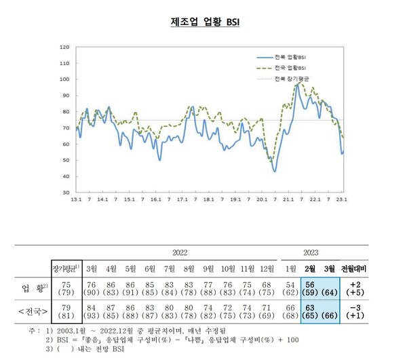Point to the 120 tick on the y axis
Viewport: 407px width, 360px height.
pos(65,47)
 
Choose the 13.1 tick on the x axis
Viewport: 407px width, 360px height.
pos(76,200)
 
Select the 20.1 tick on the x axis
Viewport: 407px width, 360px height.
pos(262,200)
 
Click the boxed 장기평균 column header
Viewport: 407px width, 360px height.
pos(66,266)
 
